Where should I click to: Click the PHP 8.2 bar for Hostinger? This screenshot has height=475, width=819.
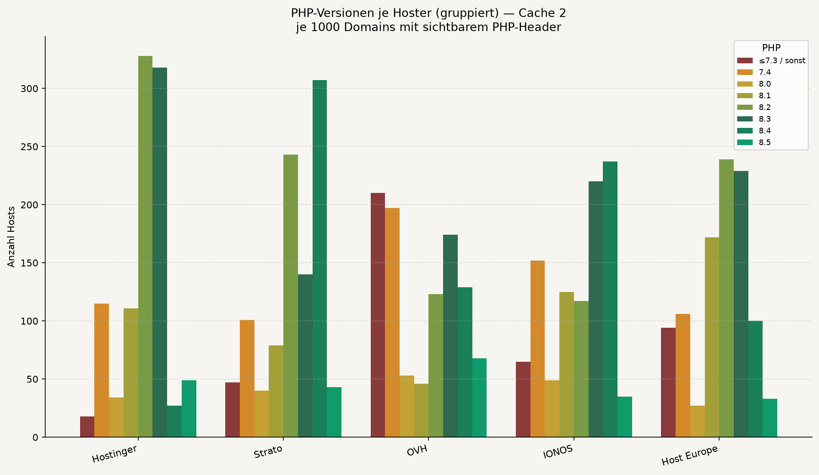click(145, 246)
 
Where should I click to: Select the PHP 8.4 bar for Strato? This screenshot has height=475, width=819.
click(320, 258)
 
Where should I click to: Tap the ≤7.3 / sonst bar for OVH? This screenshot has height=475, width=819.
click(378, 315)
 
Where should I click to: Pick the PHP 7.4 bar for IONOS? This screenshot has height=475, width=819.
click(537, 349)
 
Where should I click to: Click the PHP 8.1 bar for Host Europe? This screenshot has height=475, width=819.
click(712, 337)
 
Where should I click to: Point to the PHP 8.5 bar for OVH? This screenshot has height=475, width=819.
click(479, 397)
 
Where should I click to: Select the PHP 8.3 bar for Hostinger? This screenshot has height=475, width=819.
click(160, 252)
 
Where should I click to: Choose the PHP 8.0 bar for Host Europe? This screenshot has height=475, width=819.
click(698, 421)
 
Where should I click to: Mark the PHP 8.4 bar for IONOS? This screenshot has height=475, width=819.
click(610, 299)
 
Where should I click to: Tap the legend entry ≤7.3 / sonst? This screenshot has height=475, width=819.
click(771, 61)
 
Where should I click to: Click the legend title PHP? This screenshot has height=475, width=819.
click(771, 48)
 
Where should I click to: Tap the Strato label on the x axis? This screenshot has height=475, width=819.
click(268, 452)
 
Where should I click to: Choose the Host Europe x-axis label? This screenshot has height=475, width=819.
click(690, 455)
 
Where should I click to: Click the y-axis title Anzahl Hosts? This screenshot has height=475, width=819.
click(12, 237)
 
